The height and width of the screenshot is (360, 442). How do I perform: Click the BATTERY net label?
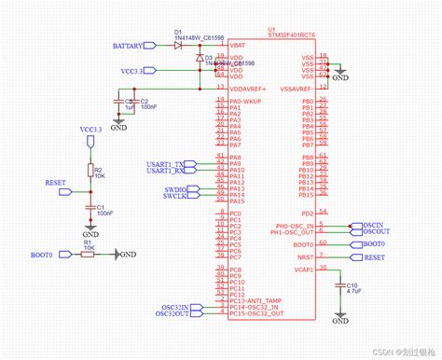(128, 45)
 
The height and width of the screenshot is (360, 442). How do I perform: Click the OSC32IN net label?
(173, 307)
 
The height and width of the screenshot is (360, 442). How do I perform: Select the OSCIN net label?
(372, 225)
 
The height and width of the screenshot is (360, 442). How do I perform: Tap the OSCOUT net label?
(374, 232)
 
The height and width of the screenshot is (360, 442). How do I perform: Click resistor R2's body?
(90, 171)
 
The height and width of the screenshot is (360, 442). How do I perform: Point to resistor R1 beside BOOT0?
(87, 253)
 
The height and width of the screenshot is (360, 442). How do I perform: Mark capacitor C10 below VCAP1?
(339, 287)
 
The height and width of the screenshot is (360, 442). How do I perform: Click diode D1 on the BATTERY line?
(178, 44)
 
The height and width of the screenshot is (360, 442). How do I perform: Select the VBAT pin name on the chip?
(238, 45)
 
